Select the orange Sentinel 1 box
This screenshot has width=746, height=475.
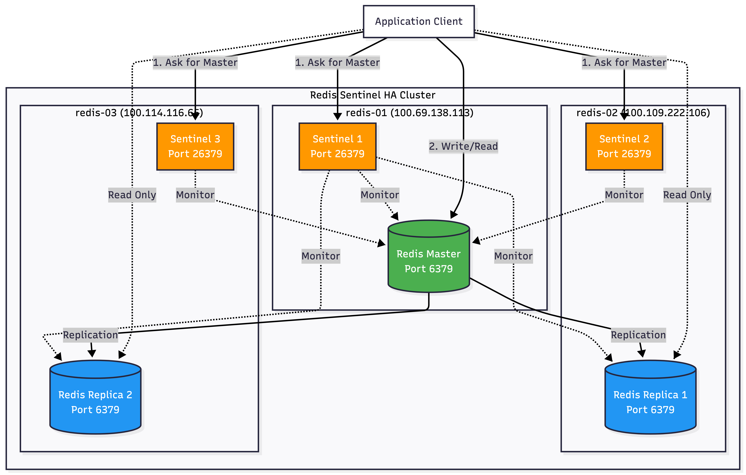[x=337, y=146]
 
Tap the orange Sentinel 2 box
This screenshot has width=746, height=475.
[x=624, y=146]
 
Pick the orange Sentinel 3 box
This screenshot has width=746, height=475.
[x=195, y=146]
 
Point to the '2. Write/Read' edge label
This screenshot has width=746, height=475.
[x=463, y=146]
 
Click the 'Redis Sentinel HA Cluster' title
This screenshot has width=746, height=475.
[x=373, y=95]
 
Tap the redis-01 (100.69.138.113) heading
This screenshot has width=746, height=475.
[x=409, y=113]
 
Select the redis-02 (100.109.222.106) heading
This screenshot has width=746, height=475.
[x=643, y=113]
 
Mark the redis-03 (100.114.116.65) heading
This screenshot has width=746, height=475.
[x=139, y=113]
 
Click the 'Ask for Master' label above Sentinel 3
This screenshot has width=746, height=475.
[x=195, y=62]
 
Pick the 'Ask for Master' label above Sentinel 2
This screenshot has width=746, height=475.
[x=624, y=62]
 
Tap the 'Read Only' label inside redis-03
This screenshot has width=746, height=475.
[x=132, y=195]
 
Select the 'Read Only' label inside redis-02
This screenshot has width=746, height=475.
[x=687, y=195]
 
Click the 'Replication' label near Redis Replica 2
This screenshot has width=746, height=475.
[x=90, y=335]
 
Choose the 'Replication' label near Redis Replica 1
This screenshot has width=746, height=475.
[x=638, y=335]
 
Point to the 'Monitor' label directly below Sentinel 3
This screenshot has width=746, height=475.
[x=195, y=195]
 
